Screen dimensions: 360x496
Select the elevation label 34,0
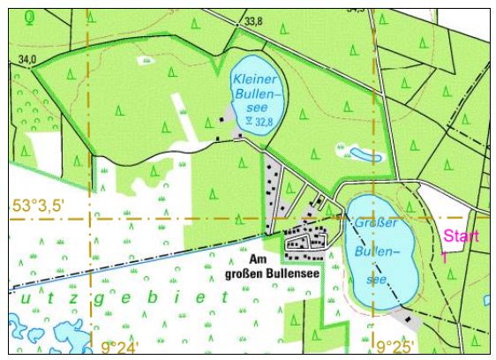click(27, 59)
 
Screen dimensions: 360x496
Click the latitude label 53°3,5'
click(39, 206)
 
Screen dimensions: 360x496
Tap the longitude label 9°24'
click(120, 348)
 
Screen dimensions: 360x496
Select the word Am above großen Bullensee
click(258, 260)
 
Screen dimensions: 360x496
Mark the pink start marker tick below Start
click(445, 257)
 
